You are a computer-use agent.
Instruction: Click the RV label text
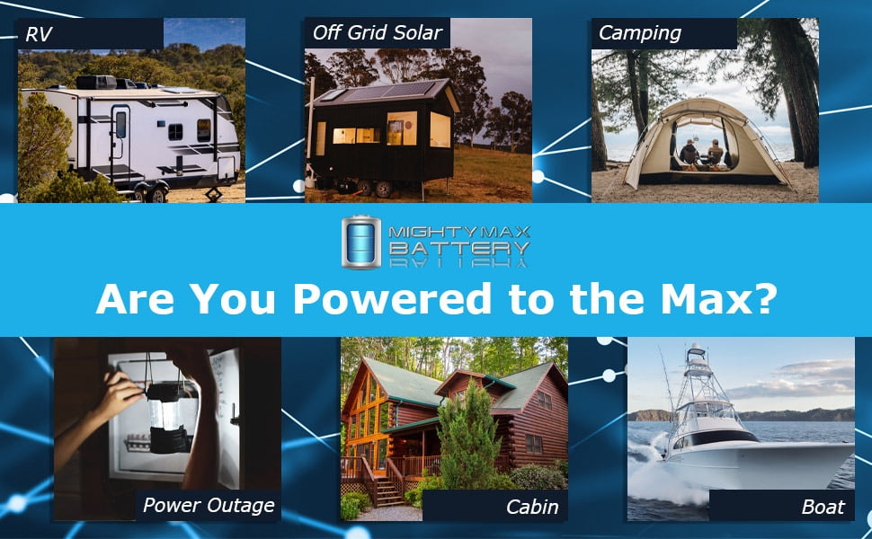[x=39, y=34]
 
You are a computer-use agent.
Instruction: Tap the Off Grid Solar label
[x=378, y=32]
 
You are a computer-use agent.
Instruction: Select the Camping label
[x=640, y=33]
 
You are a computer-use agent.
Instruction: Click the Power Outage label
[x=209, y=506]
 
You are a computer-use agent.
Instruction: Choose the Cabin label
[x=532, y=507]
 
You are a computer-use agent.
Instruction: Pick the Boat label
[x=823, y=507]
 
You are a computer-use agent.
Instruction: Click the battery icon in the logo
[x=361, y=243]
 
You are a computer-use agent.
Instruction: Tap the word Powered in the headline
[x=393, y=299]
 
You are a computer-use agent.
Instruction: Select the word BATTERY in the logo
[x=458, y=248]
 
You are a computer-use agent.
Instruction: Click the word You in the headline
[x=233, y=299]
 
